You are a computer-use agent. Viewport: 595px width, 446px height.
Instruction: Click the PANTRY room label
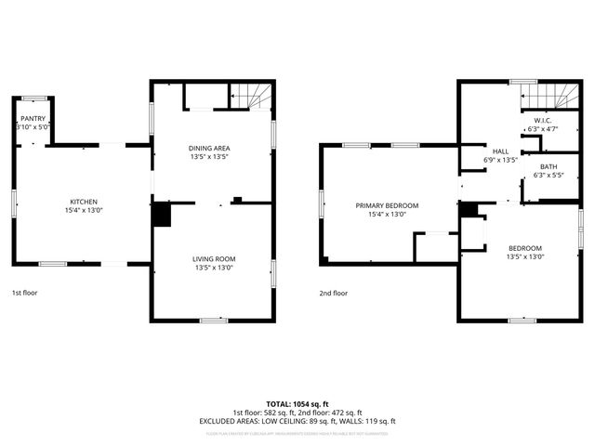pyautogui.click(x=33, y=119)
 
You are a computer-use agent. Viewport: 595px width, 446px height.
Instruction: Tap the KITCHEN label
pyautogui.click(x=84, y=202)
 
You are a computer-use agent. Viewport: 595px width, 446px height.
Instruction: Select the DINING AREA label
pyautogui.click(x=210, y=148)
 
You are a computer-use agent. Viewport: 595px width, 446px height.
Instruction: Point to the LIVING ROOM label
pyautogui.click(x=214, y=258)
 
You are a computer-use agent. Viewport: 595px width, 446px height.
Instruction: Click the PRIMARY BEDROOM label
pyautogui.click(x=387, y=204)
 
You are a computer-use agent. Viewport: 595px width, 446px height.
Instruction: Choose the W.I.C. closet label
pyautogui.click(x=542, y=120)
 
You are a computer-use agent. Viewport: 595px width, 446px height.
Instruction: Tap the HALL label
pyautogui.click(x=500, y=151)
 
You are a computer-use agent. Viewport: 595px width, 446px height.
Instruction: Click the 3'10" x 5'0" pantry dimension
pyautogui.click(x=33, y=127)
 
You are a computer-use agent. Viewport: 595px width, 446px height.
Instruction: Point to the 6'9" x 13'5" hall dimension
pyautogui.click(x=500, y=160)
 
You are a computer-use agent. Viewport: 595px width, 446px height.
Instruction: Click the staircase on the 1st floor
pyautogui.click(x=251, y=95)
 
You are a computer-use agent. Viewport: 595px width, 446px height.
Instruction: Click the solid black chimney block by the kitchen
pyautogui.click(x=162, y=214)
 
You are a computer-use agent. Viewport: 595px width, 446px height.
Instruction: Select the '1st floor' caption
pyautogui.click(x=25, y=292)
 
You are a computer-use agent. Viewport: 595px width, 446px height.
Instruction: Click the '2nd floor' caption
pyautogui.click(x=333, y=292)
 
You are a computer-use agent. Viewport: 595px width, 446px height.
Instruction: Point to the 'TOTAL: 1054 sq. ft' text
pyautogui.click(x=297, y=403)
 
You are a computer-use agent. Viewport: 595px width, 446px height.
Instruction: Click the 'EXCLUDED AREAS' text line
pyautogui.click(x=297, y=421)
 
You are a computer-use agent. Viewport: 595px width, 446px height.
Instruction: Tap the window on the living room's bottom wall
pyautogui.click(x=214, y=320)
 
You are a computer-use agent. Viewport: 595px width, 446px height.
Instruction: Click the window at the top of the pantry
pyautogui.click(x=34, y=96)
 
